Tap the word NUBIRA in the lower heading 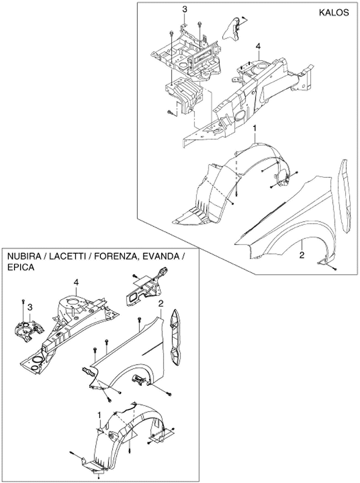[24, 256]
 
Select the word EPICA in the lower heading [19, 268]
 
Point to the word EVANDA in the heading [161, 256]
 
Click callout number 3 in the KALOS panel [185, 9]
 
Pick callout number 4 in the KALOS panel [258, 47]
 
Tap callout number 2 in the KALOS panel [302, 254]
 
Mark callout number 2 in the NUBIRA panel [160, 304]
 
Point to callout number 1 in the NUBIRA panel [99, 413]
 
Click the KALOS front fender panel [288, 216]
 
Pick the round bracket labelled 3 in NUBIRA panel [25, 329]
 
